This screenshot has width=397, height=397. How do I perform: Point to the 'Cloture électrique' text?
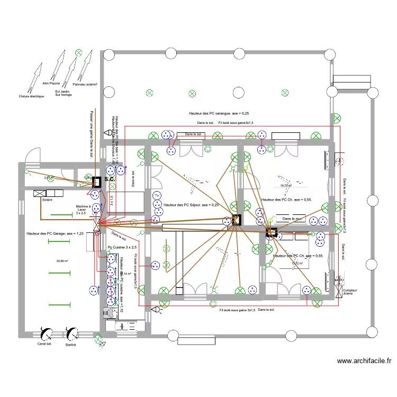31,96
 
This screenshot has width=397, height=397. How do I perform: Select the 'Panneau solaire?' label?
85,84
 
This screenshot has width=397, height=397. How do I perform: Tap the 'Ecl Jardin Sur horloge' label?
63,93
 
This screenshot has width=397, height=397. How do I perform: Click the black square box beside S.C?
97,182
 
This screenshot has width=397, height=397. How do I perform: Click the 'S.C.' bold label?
110,179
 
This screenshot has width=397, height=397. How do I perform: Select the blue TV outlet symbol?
157,196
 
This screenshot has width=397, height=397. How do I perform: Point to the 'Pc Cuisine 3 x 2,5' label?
122,247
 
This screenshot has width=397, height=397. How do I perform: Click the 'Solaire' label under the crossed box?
47,200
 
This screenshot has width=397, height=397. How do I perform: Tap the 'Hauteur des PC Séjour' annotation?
191,205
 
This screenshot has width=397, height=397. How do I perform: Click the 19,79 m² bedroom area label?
286,186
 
